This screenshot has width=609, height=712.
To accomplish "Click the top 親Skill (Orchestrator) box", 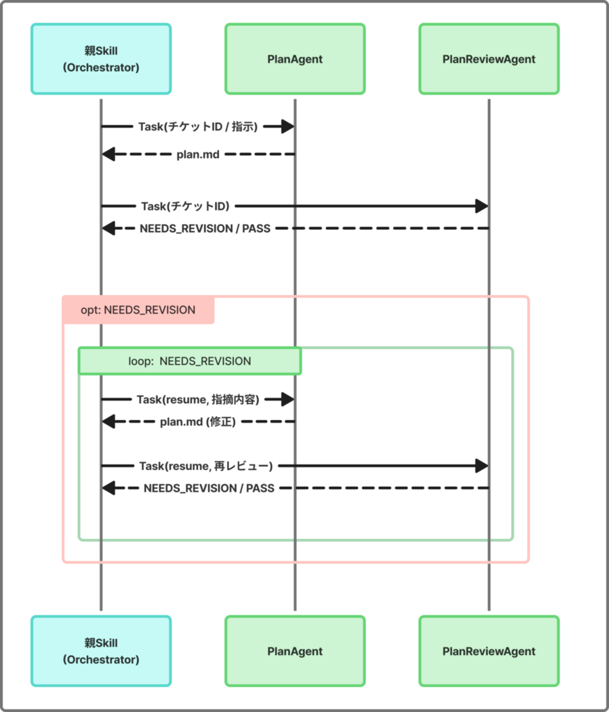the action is click(101, 59).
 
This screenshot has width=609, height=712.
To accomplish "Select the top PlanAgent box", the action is click(295, 59).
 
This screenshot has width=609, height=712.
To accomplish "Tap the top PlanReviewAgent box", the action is click(489, 59).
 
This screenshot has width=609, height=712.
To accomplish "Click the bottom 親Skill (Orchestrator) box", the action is click(101, 651).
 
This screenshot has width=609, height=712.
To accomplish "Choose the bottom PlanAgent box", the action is click(295, 651).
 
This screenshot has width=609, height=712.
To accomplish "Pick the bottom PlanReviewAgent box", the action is click(489, 651).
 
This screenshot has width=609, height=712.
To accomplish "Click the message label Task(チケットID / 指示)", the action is click(198, 127).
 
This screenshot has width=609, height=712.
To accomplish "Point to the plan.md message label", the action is click(198, 155).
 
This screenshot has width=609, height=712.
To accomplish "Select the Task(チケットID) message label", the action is click(186, 206).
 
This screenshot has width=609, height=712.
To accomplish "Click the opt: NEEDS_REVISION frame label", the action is click(138, 310).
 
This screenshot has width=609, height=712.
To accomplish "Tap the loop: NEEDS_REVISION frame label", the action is click(189, 362).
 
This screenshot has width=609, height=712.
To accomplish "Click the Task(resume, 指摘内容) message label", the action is click(198, 400).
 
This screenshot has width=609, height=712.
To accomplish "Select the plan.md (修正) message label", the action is click(198, 422).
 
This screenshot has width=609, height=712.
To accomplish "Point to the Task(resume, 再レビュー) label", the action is click(206, 466).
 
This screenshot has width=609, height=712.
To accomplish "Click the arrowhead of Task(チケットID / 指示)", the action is click(288, 127).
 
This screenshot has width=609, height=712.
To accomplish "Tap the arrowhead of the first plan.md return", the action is click(108, 154).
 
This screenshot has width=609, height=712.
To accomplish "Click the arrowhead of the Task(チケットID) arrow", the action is click(482, 206).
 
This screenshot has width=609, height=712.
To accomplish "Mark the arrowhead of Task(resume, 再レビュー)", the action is click(482, 466).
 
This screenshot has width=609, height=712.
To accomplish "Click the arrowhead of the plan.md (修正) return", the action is click(108, 422).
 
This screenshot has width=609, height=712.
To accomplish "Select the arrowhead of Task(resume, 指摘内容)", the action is click(288, 400).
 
